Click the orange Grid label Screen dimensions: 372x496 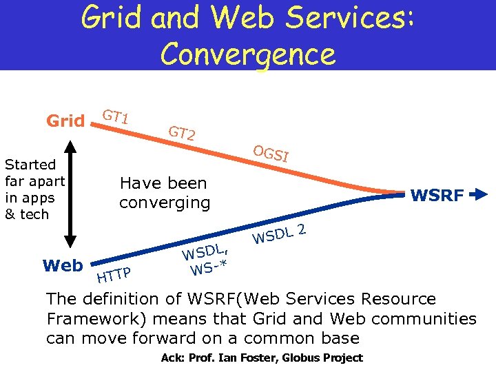65,122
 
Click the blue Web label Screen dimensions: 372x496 62,265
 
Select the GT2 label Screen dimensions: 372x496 183,132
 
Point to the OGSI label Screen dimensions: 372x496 270,153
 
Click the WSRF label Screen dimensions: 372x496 437,196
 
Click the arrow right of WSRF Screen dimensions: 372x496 479,196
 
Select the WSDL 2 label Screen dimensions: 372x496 278,234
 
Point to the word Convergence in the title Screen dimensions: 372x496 248,53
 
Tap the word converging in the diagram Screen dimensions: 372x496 164,203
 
